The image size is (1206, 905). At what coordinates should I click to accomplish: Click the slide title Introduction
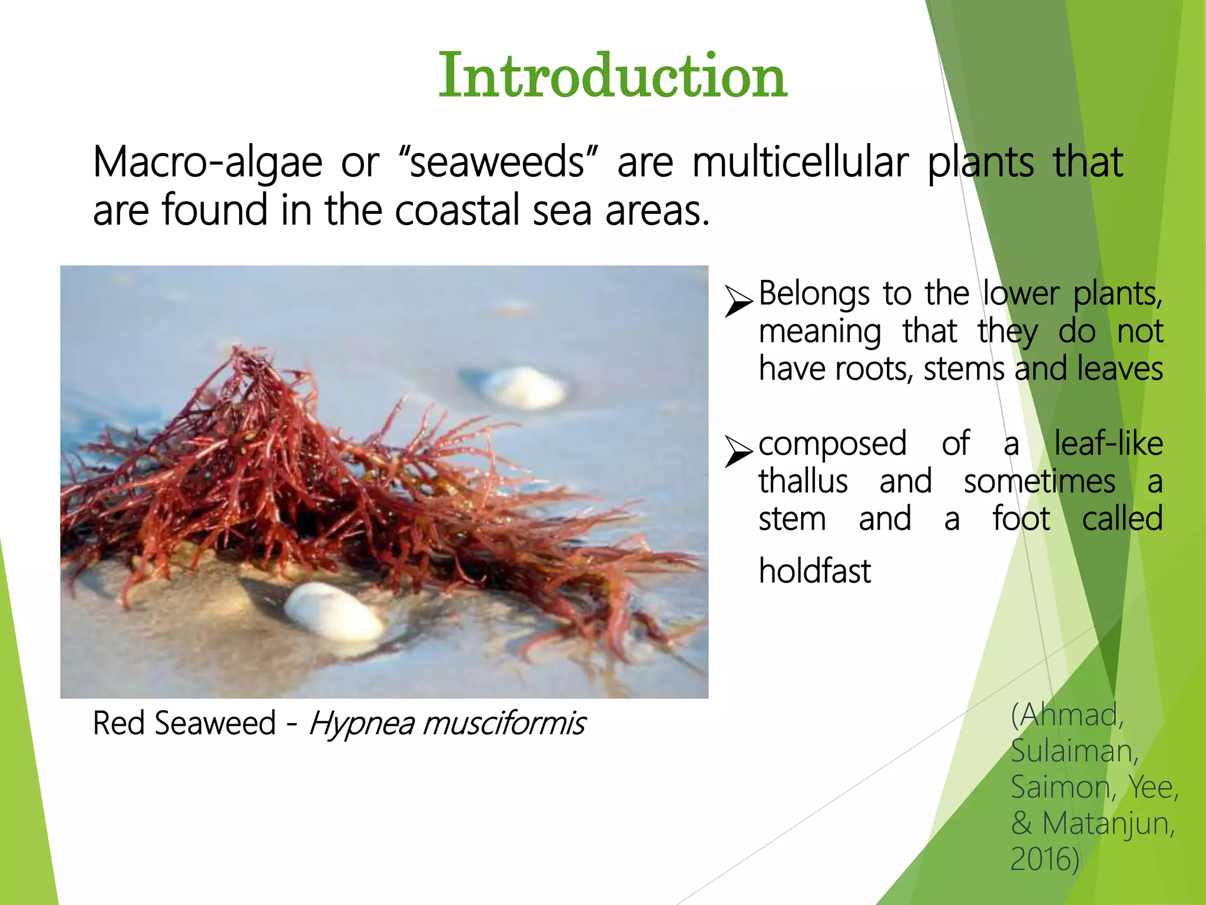[x=612, y=76]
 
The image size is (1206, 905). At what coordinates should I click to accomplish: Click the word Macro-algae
[x=207, y=162]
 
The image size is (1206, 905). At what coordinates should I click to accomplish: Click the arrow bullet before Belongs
[x=738, y=300]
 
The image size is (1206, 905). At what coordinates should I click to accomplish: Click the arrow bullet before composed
[x=738, y=451]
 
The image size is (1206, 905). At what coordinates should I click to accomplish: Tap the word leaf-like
[x=1108, y=443]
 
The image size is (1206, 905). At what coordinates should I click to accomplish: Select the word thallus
[x=803, y=481]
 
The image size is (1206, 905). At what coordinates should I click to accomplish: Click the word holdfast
[x=814, y=571]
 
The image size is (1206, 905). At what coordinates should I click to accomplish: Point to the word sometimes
[x=1039, y=481]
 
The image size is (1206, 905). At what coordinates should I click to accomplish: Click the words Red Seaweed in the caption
[x=184, y=724]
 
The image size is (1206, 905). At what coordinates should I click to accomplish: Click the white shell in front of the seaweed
[x=333, y=612]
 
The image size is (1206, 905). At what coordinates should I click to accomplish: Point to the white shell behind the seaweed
[x=524, y=387]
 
